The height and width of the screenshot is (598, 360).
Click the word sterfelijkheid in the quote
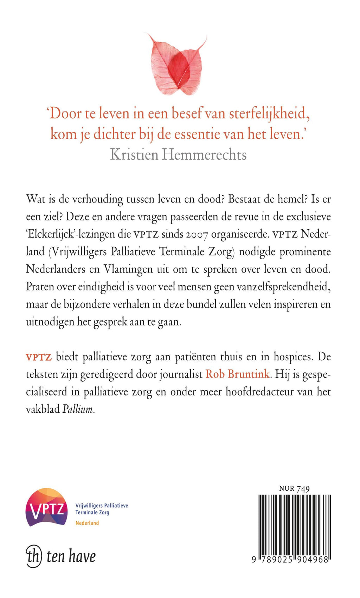coord(269,114)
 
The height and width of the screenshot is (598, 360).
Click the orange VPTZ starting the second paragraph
coord(39,357)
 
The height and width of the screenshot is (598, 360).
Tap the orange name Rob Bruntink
coord(238,374)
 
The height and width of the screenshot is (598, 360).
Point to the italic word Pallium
coord(78,410)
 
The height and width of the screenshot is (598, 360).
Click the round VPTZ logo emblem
coord(47,507)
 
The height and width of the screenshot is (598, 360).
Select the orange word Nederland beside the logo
coord(87,523)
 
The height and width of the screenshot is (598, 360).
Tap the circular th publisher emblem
coord(34,556)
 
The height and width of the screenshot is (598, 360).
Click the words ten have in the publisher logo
coord(71,557)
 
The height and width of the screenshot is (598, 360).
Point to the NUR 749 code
coord(294,489)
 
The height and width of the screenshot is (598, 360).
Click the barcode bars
coord(295,524)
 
